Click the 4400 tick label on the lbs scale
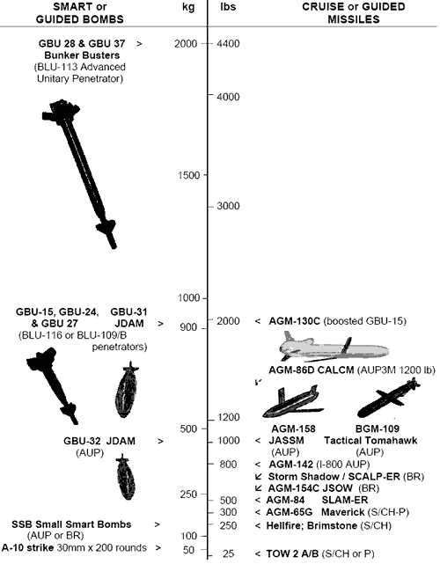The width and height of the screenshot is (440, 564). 228,43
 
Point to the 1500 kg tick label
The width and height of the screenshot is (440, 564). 189,175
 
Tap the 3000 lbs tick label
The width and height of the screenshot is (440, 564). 228,206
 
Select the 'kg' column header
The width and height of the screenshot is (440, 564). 188,7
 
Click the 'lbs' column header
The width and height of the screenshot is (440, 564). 228,6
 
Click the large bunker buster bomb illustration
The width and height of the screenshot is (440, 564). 79,173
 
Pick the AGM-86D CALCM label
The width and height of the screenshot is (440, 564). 312,370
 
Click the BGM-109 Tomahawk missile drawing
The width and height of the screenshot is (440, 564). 389,399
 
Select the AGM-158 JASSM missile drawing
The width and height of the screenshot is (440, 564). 293,402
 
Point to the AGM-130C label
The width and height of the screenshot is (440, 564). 294,321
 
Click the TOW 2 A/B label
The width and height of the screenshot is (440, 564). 292,553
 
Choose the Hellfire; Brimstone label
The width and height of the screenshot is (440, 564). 312,525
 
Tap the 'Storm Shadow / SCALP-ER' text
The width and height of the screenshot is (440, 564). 334,477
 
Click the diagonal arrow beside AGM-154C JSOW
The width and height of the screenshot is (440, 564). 258,488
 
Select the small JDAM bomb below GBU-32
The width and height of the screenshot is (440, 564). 126,477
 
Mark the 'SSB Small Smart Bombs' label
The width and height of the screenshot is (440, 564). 71,524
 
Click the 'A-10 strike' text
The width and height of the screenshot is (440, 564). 28,548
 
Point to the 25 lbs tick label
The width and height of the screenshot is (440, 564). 228,554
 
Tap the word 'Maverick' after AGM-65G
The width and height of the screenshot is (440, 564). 343,512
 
